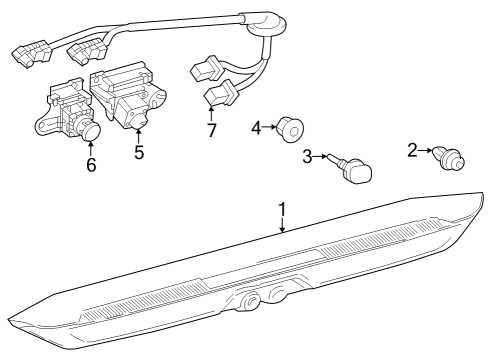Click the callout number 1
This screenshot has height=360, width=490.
[282, 210]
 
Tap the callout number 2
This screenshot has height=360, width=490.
[412, 150]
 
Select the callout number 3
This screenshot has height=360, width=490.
[308, 156]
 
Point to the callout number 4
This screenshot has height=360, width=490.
[256, 127]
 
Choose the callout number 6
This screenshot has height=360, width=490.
[91, 164]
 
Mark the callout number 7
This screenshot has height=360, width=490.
[211, 130]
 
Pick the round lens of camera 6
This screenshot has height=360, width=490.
[92, 132]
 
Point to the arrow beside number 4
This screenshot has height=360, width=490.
[270, 127]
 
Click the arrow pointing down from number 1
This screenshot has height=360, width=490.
[282, 225]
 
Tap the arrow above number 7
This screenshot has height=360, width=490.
[211, 113]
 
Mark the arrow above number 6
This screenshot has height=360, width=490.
[91, 148]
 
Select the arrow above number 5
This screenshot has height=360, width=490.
[139, 136]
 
